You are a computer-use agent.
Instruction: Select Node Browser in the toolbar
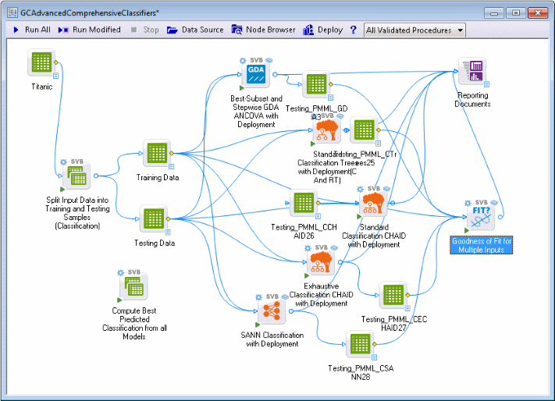click(x=263, y=30)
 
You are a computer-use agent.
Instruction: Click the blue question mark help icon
click(x=353, y=30)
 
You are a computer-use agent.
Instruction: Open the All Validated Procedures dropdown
click(x=414, y=30)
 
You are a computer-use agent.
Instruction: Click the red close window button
click(x=536, y=13)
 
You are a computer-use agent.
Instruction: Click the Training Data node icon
click(x=156, y=154)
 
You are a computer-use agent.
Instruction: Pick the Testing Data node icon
click(x=153, y=219)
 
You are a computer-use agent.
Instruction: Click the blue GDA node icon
click(x=257, y=76)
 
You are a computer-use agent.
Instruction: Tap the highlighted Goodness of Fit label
click(x=482, y=245)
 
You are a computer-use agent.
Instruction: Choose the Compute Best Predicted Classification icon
click(x=133, y=289)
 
